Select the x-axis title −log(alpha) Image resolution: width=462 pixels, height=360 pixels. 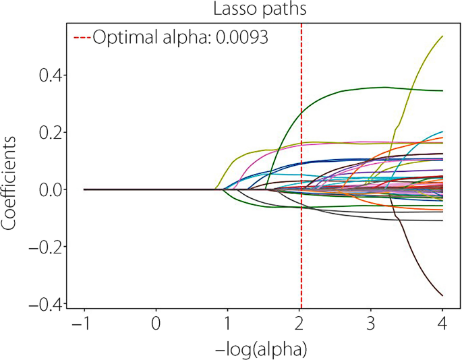point(262,349)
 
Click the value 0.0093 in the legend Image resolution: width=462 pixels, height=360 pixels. point(241,38)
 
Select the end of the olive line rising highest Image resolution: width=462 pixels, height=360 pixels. point(442,36)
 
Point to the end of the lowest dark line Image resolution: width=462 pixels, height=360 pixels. point(442,295)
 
